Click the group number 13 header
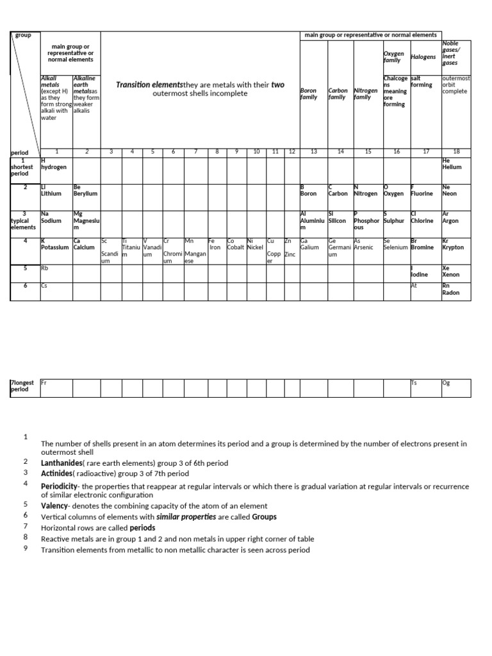[313, 152]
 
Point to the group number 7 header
[196, 152]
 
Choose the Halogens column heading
[423, 57]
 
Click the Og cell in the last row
[455, 387]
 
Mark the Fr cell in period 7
[56, 387]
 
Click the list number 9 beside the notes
[26, 548]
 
